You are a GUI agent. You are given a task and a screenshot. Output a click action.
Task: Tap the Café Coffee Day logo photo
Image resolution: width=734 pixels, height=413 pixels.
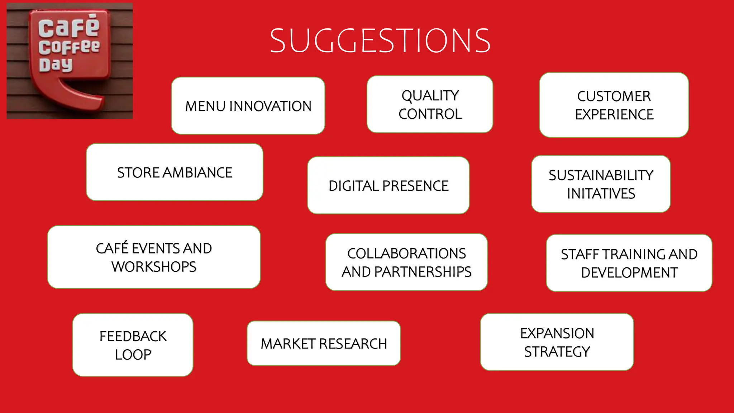[x=70, y=61]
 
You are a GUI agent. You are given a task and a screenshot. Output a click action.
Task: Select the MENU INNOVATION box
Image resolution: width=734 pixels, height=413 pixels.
[x=248, y=106]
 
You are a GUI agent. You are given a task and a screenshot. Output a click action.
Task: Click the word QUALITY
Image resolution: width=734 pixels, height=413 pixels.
[x=430, y=96]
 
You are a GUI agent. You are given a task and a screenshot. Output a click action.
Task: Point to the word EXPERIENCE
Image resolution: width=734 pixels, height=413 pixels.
[x=614, y=115]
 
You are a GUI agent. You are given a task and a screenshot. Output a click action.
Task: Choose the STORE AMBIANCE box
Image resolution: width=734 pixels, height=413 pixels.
[x=175, y=172]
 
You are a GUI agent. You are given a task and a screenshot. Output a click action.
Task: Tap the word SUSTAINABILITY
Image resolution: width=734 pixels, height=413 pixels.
[x=601, y=175]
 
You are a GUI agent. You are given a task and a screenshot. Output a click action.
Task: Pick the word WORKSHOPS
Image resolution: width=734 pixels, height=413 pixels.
[x=154, y=267]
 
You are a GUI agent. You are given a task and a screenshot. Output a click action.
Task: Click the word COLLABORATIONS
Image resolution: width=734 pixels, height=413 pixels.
[x=406, y=253]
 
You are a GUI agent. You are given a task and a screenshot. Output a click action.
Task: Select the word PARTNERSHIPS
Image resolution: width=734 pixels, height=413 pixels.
[x=423, y=272]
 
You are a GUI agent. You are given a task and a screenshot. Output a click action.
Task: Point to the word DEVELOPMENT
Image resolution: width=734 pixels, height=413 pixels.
[x=629, y=273]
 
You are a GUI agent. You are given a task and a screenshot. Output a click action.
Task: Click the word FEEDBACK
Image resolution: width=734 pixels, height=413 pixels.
[x=133, y=336]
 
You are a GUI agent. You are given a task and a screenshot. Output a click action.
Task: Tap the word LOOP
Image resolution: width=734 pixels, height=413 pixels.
[x=133, y=355]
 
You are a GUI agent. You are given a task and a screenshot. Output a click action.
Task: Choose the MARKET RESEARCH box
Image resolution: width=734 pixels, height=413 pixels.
[x=324, y=343]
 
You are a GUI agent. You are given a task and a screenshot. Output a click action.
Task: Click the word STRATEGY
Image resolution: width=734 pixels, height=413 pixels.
[x=557, y=352]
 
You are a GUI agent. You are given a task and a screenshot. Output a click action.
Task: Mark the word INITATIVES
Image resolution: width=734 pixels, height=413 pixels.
[x=601, y=194]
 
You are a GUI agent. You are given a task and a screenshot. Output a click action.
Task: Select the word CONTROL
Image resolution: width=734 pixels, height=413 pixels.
[x=430, y=114]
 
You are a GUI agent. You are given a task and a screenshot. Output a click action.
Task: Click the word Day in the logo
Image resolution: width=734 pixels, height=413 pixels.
[x=56, y=65]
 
